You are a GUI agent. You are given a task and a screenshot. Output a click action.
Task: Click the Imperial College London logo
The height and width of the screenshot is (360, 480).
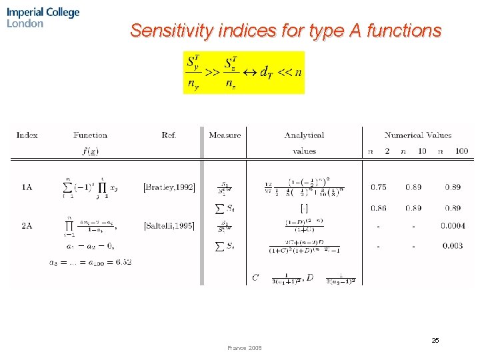(43, 17)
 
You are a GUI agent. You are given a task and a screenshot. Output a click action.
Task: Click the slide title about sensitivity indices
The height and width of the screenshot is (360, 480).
(285, 31)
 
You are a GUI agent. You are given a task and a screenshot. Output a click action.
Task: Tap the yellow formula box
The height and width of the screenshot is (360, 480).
(243, 72)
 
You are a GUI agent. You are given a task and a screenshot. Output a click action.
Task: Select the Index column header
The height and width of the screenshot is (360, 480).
(27, 135)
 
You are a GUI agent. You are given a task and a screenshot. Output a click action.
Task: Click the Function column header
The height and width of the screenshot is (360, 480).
(90, 135)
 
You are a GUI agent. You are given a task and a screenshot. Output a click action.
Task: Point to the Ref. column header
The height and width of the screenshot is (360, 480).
(169, 135)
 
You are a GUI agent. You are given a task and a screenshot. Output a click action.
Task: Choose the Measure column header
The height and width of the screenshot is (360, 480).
(225, 135)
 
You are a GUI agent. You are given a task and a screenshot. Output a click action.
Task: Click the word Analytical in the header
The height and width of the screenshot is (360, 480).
(304, 135)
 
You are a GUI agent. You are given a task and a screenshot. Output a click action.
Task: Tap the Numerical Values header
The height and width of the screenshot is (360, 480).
(417, 135)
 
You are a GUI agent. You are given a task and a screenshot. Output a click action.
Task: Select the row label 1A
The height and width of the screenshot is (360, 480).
(27, 188)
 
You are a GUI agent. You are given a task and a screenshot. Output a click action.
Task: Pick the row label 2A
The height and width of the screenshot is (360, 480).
(27, 226)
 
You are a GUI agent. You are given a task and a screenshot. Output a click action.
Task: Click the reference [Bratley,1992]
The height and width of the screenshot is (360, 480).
(169, 188)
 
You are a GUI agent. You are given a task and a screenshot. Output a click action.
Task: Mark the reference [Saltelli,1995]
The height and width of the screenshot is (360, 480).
(169, 226)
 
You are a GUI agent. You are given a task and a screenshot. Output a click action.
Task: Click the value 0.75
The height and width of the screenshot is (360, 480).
(379, 188)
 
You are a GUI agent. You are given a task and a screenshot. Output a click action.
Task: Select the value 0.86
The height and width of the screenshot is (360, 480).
(379, 209)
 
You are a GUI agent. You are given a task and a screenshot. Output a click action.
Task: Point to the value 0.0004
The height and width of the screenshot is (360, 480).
(453, 226)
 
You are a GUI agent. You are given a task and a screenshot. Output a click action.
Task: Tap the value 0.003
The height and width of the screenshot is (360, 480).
(453, 246)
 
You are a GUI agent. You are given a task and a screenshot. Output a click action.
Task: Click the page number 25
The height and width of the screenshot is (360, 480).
(435, 341)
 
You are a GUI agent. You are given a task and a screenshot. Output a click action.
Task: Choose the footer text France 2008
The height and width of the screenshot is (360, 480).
(245, 348)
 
